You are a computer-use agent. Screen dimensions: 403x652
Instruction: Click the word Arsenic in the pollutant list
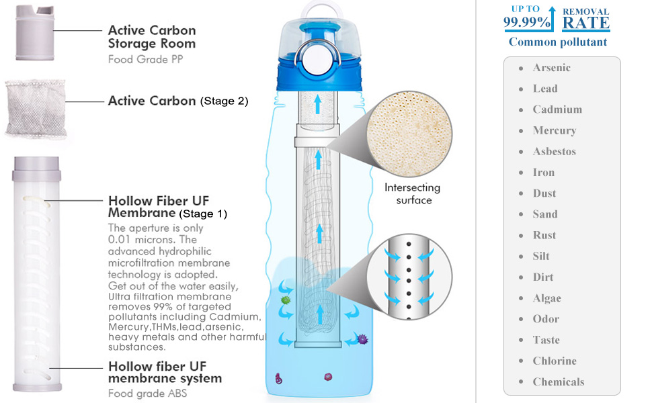[551, 68]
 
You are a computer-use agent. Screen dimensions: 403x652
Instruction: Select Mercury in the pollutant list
[554, 130]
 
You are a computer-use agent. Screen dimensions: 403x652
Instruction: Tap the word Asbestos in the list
[554, 152]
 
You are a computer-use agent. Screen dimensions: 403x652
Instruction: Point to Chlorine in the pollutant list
[554, 361]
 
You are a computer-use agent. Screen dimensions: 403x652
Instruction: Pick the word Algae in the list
[546, 298]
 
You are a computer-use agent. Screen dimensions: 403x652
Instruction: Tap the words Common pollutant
[557, 42]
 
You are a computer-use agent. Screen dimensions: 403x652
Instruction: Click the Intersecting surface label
[413, 193]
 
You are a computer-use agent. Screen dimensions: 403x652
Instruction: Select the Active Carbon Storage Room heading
[152, 37]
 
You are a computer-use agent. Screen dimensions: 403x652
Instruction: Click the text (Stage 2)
[224, 101]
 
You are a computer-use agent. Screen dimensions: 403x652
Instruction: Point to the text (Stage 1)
[203, 214]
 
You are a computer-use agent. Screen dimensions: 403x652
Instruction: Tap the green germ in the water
[285, 300]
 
